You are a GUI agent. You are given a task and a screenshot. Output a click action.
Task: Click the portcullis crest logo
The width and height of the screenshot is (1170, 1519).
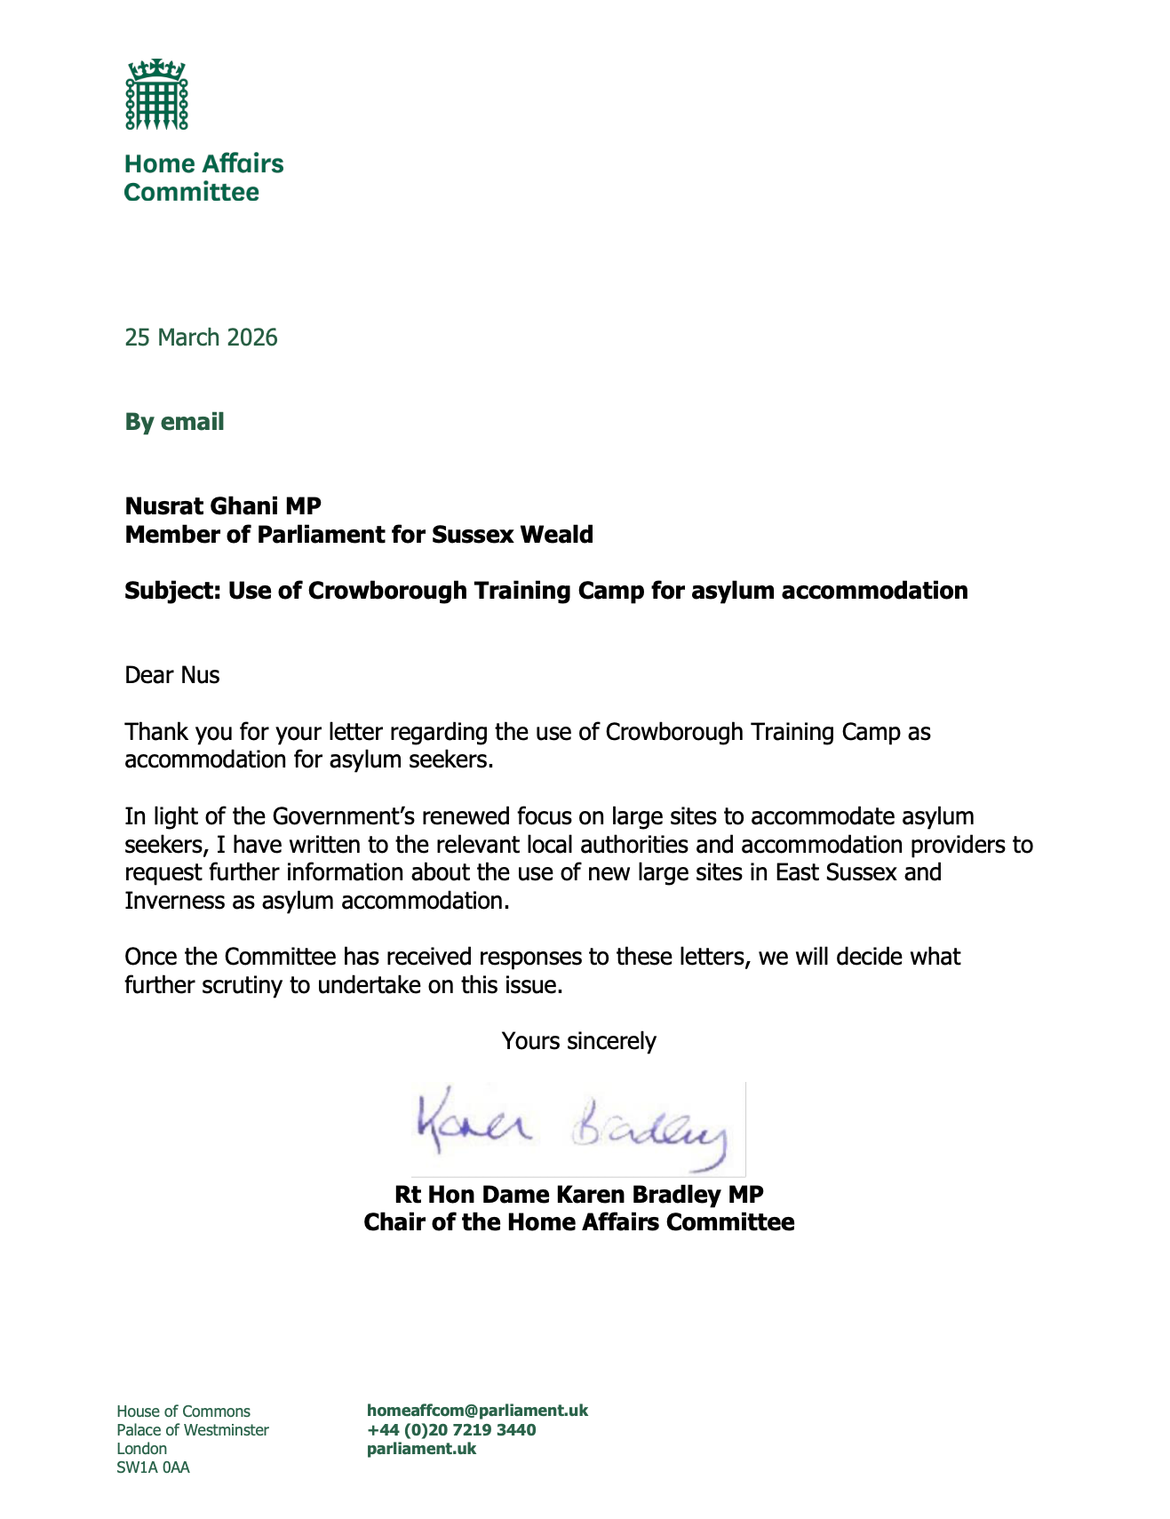coord(156,95)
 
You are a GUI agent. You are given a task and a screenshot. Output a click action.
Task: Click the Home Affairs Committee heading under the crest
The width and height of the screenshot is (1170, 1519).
coord(203,178)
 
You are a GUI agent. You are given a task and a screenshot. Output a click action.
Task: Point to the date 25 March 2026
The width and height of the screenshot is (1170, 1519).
coord(201,338)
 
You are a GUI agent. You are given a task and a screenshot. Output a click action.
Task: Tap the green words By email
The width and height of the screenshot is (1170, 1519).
coord(174,422)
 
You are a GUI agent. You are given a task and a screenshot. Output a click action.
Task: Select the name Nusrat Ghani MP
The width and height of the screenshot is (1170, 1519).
coord(223,506)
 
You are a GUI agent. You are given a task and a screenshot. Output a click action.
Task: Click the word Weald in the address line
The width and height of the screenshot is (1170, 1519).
coord(556,535)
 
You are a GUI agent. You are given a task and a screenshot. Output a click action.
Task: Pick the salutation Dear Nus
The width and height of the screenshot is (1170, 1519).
coord(171,675)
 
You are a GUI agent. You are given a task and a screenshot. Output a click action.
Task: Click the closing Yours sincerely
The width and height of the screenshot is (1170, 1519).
coord(578,1041)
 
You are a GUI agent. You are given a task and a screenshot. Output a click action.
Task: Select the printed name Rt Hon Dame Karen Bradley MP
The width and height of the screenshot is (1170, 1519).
coord(578,1195)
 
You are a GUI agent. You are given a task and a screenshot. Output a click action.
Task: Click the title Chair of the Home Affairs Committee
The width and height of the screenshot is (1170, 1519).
coord(578,1222)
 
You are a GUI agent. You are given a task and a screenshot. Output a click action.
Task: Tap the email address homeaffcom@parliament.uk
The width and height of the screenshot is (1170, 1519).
coord(477,1411)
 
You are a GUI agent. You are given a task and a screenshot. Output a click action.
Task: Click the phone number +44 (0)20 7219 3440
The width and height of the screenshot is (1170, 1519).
coord(451,1430)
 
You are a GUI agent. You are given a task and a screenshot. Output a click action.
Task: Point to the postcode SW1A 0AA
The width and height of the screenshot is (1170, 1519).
coord(153,1467)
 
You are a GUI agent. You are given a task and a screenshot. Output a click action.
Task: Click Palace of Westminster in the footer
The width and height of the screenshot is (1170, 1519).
coord(193,1430)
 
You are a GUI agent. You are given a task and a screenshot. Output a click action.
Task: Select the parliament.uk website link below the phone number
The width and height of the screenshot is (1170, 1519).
coord(421,1449)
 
